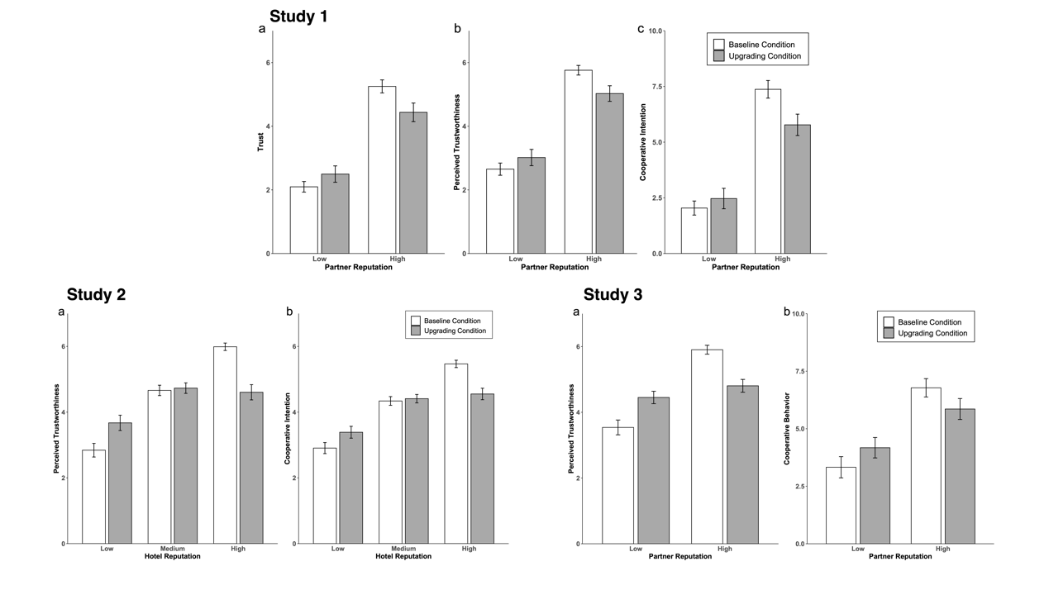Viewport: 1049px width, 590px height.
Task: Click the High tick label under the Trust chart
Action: (x=398, y=259)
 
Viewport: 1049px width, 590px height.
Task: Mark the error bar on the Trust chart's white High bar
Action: (x=382, y=86)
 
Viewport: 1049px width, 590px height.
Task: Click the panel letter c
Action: (x=640, y=30)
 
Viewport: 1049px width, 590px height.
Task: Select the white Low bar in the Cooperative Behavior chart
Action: (x=841, y=505)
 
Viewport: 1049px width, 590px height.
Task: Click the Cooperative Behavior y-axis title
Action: (x=788, y=428)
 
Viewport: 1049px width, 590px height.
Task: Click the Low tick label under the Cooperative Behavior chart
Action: (x=857, y=549)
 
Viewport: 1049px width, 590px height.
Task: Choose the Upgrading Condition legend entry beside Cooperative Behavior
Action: (x=925, y=333)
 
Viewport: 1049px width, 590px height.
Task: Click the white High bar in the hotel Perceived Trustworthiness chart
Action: (x=225, y=445)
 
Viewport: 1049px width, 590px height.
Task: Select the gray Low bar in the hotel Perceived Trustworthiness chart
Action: (x=120, y=483)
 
